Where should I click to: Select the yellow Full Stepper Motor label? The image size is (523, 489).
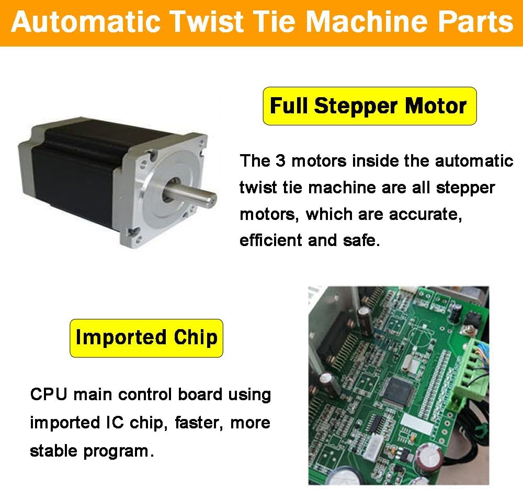(x=369, y=106)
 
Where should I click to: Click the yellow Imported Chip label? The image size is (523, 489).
(x=146, y=337)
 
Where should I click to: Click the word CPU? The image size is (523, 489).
(x=49, y=394)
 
